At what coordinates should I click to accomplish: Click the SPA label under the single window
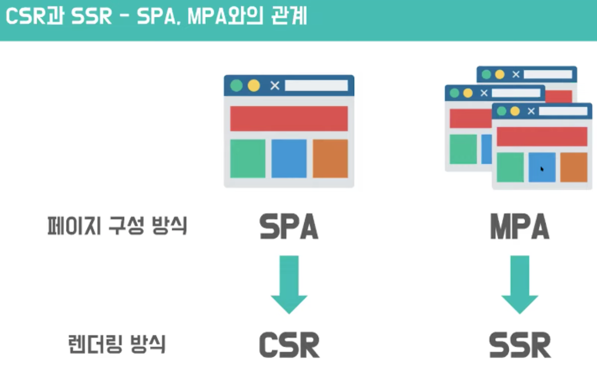tap(289, 227)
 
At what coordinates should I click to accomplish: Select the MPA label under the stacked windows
tap(519, 227)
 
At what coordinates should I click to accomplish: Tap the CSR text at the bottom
tap(289, 345)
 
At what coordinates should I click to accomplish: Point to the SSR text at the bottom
tap(520, 345)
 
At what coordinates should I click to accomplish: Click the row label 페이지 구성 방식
tap(117, 226)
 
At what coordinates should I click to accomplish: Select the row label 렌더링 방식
tap(117, 344)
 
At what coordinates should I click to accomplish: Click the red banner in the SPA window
tap(289, 118)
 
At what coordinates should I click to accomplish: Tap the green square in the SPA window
tap(248, 158)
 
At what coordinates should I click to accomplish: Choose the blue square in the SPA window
tap(289, 158)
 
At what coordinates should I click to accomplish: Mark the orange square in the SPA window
tap(330, 158)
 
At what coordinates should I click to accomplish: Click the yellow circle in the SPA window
tap(254, 86)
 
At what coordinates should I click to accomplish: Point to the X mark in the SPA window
tap(274, 86)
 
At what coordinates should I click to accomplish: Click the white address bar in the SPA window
tap(316, 86)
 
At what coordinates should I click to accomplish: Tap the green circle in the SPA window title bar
tap(236, 86)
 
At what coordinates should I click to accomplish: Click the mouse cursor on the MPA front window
tap(541, 169)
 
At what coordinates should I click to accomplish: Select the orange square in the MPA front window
tap(574, 167)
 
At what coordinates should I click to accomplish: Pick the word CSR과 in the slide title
tap(34, 16)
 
